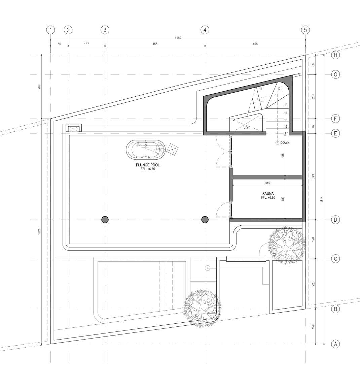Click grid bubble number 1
(x=50, y=30)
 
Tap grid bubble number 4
(x=205, y=30)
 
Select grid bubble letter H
(x=335, y=55)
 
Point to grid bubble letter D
(x=335, y=220)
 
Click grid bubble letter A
(x=335, y=344)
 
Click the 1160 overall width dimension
(x=178, y=38)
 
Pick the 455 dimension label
(x=155, y=44)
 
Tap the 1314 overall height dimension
(x=322, y=199)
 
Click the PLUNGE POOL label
(x=148, y=165)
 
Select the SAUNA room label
(x=268, y=194)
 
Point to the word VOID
(x=247, y=128)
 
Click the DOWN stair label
(x=285, y=142)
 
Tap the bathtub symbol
(x=146, y=149)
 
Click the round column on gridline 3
(x=105, y=220)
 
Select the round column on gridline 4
(x=205, y=220)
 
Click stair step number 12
(x=279, y=89)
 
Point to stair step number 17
(x=286, y=133)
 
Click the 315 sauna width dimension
(x=267, y=183)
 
